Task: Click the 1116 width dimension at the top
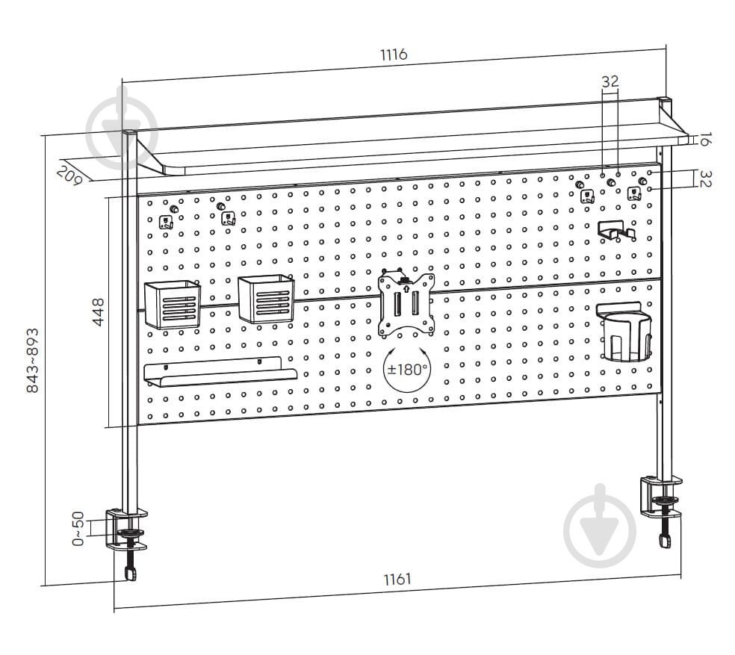pos(394,55)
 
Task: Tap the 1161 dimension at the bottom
pos(397,580)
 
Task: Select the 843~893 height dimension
pos(32,360)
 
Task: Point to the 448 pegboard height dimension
pos(99,311)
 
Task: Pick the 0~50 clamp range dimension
pos(78,529)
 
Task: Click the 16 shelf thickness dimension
pos(704,139)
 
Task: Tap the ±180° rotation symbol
pos(407,369)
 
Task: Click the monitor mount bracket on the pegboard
pos(406,303)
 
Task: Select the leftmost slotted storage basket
pos(173,304)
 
